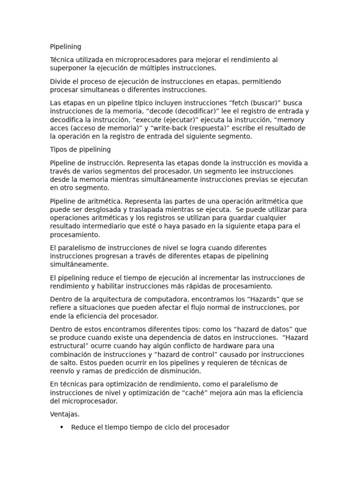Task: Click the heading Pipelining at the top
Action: [65, 47]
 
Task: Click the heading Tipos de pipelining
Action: [80, 150]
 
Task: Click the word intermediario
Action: [103, 226]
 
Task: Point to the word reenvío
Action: [63, 371]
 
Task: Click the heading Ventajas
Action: [65, 414]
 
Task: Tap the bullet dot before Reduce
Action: [62, 427]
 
